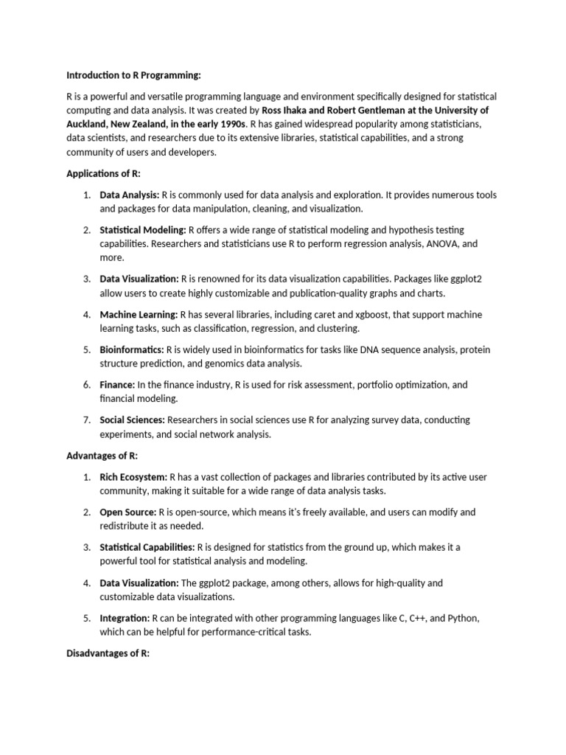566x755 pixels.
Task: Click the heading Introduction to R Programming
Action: [133, 75]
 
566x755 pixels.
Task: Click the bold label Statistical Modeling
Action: [143, 230]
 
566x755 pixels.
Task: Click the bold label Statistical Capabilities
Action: [147, 547]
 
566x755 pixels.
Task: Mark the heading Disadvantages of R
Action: [108, 653]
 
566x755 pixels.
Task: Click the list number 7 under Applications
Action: [86, 420]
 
